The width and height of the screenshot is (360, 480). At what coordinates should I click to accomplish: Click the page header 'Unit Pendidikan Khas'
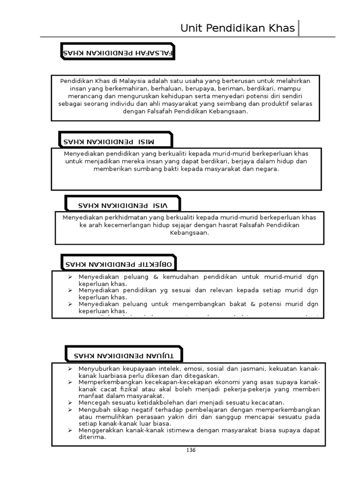(238, 29)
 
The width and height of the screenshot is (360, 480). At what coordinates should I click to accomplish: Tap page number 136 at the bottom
(191, 450)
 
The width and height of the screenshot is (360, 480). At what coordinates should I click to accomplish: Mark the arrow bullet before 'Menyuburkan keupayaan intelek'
(69, 369)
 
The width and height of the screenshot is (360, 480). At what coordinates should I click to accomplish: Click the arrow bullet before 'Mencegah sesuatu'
(69, 403)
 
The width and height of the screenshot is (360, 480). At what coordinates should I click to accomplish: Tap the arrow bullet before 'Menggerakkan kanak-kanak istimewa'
(69, 430)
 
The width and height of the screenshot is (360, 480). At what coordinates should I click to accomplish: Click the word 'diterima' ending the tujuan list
(92, 437)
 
